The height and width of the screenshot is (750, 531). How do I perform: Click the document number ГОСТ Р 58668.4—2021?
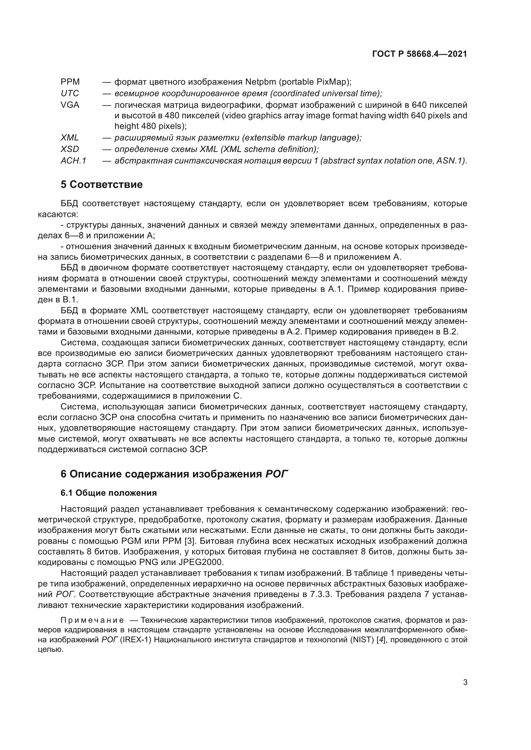pyautogui.click(x=420, y=54)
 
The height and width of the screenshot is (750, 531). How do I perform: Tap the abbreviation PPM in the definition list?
pyautogui.click(x=70, y=82)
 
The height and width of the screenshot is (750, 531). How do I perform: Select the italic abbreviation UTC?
pyautogui.click(x=70, y=93)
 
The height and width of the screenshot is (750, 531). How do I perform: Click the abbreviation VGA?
pyautogui.click(x=70, y=105)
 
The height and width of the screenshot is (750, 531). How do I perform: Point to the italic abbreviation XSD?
pyautogui.click(x=70, y=149)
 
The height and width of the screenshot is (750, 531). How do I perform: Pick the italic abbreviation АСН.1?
pyautogui.click(x=73, y=161)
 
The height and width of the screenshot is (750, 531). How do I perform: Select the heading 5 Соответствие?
pyautogui.click(x=102, y=185)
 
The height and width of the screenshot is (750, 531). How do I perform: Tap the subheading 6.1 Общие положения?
pyautogui.click(x=109, y=493)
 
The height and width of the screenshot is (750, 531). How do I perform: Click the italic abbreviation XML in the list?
pyautogui.click(x=70, y=138)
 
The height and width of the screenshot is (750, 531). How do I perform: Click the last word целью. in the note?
pyautogui.click(x=50, y=649)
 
